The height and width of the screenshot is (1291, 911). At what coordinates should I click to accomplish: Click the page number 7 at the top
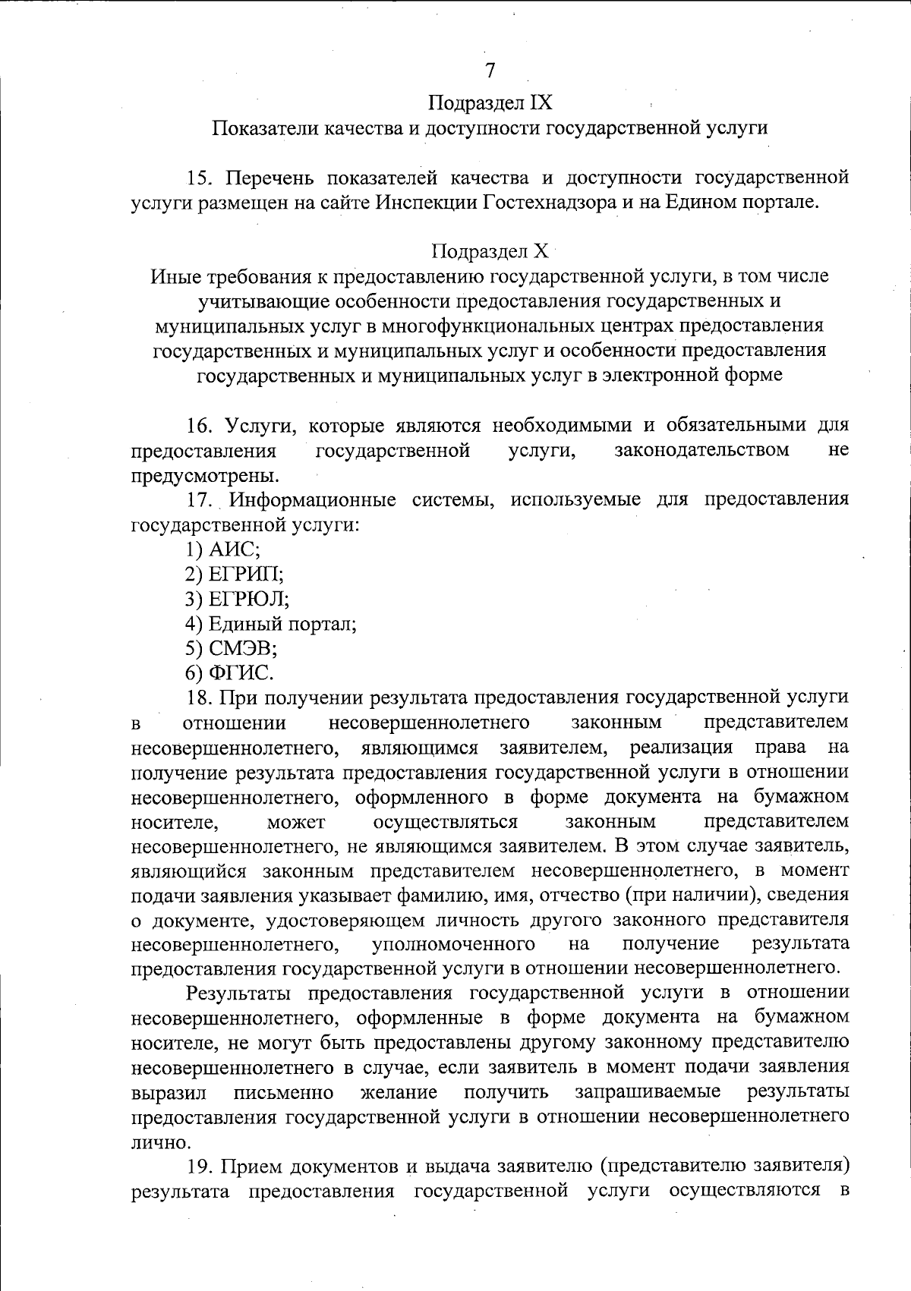pyautogui.click(x=490, y=71)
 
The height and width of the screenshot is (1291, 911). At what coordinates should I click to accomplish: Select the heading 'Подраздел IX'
pyautogui.click(x=490, y=102)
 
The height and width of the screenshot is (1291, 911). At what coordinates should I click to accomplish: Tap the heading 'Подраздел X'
pyautogui.click(x=490, y=250)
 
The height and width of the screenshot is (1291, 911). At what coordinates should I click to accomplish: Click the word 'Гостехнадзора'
pyautogui.click(x=549, y=202)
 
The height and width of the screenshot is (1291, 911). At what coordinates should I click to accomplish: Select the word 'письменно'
pyautogui.click(x=283, y=1092)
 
